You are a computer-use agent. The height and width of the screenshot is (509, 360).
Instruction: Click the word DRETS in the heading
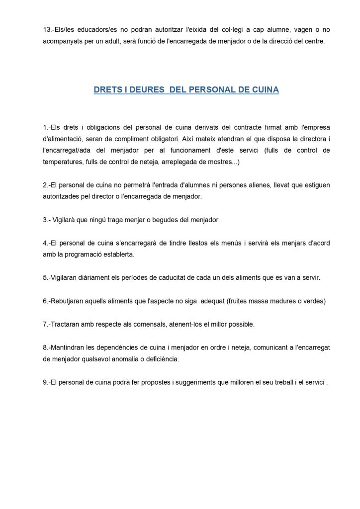pos(107,90)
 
